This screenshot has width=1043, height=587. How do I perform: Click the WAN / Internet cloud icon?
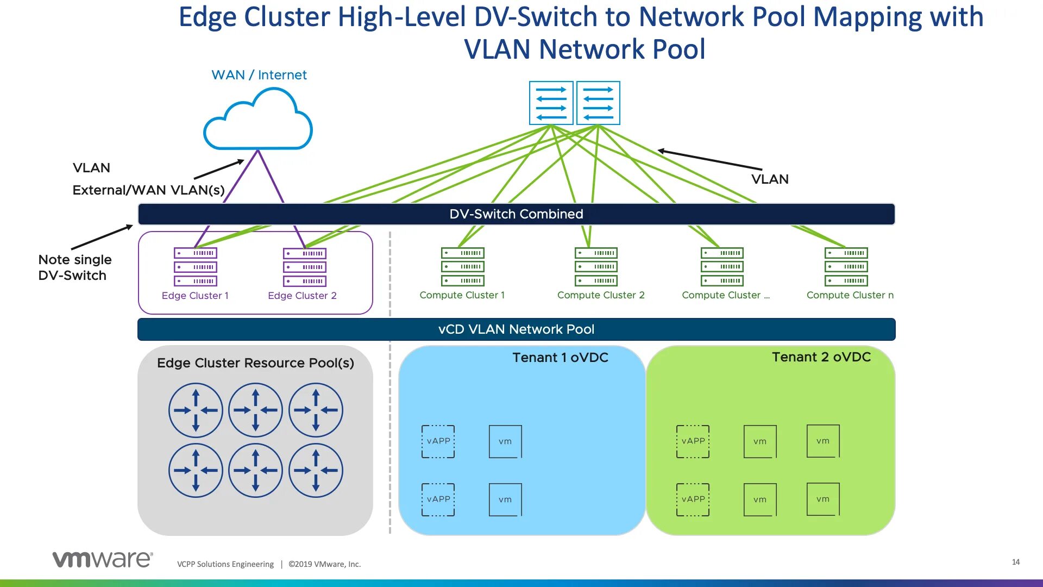pyautogui.click(x=258, y=121)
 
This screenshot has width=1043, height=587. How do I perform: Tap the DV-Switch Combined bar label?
pyautogui.click(x=516, y=214)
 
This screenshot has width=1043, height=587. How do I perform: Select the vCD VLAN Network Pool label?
pyautogui.click(x=516, y=329)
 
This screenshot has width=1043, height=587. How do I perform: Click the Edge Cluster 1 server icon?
pyautogui.click(x=196, y=267)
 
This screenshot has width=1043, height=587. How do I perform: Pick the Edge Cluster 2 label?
pyautogui.click(x=302, y=296)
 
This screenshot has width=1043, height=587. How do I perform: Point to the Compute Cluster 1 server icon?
pyautogui.click(x=463, y=267)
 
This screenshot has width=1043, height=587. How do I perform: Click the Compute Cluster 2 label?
pyautogui.click(x=601, y=295)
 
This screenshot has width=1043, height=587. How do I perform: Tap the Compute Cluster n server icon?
pyautogui.click(x=846, y=267)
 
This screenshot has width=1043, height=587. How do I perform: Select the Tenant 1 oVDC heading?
pyautogui.click(x=560, y=358)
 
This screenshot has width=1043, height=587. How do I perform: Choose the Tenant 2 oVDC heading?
pyautogui.click(x=821, y=357)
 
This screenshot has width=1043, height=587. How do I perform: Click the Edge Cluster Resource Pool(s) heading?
pyautogui.click(x=255, y=363)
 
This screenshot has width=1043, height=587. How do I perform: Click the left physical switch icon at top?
pyautogui.click(x=551, y=103)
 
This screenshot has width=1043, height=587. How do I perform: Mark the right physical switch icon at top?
pyautogui.click(x=598, y=103)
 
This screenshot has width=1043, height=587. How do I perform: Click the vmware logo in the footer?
pyautogui.click(x=102, y=559)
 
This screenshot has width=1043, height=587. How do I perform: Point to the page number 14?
pyautogui.click(x=1016, y=562)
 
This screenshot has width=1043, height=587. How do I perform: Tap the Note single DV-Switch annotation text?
pyautogui.click(x=75, y=267)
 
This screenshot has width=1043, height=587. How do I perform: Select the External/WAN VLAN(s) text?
pyautogui.click(x=148, y=190)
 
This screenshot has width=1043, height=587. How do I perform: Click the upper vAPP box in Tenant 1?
pyautogui.click(x=438, y=441)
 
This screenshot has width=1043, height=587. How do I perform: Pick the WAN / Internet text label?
pyautogui.click(x=259, y=75)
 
